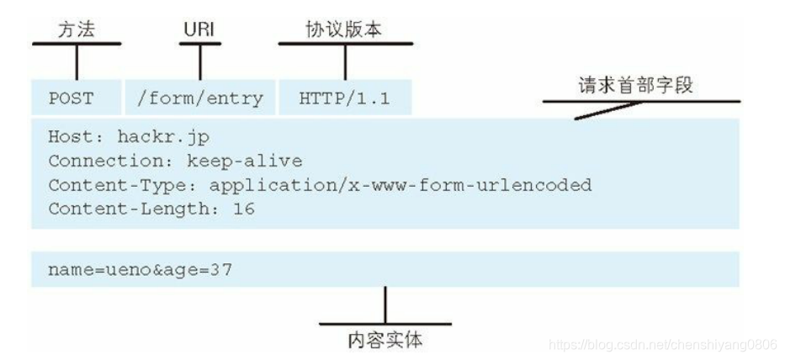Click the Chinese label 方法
(x=76, y=30)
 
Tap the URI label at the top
(x=200, y=30)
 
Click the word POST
(x=71, y=98)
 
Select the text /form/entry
(x=199, y=98)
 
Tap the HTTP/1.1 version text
(x=344, y=98)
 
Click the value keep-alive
(x=255, y=161)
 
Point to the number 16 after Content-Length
(x=244, y=208)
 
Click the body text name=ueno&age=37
(x=141, y=270)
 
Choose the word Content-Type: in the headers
(x=105, y=184)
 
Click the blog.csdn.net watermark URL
(x=661, y=344)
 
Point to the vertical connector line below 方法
(x=77, y=62)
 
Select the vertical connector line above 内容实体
(x=385, y=304)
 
